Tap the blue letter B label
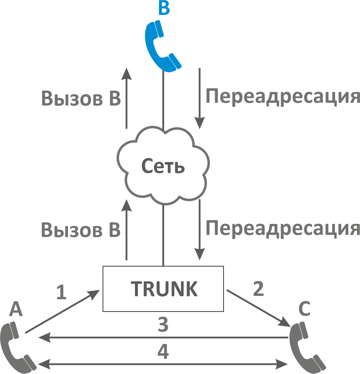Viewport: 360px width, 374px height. click(x=164, y=8)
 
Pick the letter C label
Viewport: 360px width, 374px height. click(x=304, y=309)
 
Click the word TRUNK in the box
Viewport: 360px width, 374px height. click(x=164, y=289)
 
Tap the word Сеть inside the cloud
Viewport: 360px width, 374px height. click(x=163, y=166)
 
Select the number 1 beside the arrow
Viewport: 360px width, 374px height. click(x=61, y=292)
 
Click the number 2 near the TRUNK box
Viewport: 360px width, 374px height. click(x=258, y=289)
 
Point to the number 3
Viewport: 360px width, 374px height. click(x=163, y=325)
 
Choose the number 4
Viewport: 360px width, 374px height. click(x=163, y=351)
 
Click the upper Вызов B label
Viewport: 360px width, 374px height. click(x=81, y=99)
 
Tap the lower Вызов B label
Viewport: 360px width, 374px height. click(x=81, y=230)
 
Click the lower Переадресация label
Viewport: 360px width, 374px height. click(x=283, y=228)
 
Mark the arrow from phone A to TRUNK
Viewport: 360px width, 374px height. click(x=63, y=311)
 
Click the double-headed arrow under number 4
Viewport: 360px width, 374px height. click(x=163, y=364)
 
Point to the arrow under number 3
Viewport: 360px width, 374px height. click(x=163, y=337)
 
